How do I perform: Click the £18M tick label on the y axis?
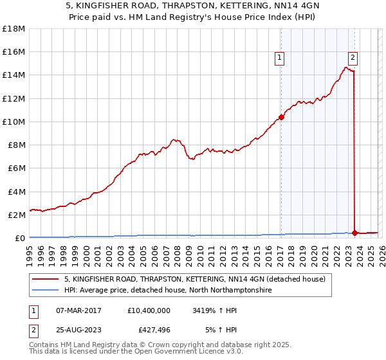pyautogui.click(x=14, y=29)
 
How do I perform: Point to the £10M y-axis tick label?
pyautogui.click(x=14, y=122)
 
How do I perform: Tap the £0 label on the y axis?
pyautogui.click(x=20, y=238)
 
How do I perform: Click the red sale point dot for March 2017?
pyautogui.click(x=281, y=117)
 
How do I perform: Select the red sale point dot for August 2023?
pyautogui.click(x=354, y=233)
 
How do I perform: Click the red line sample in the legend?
pyautogui.click(x=46, y=280)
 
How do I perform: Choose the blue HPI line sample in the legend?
pyautogui.click(x=46, y=291)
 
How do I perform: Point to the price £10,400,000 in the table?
pyautogui.click(x=149, y=310)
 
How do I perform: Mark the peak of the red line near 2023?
pyautogui.click(x=346, y=67)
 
